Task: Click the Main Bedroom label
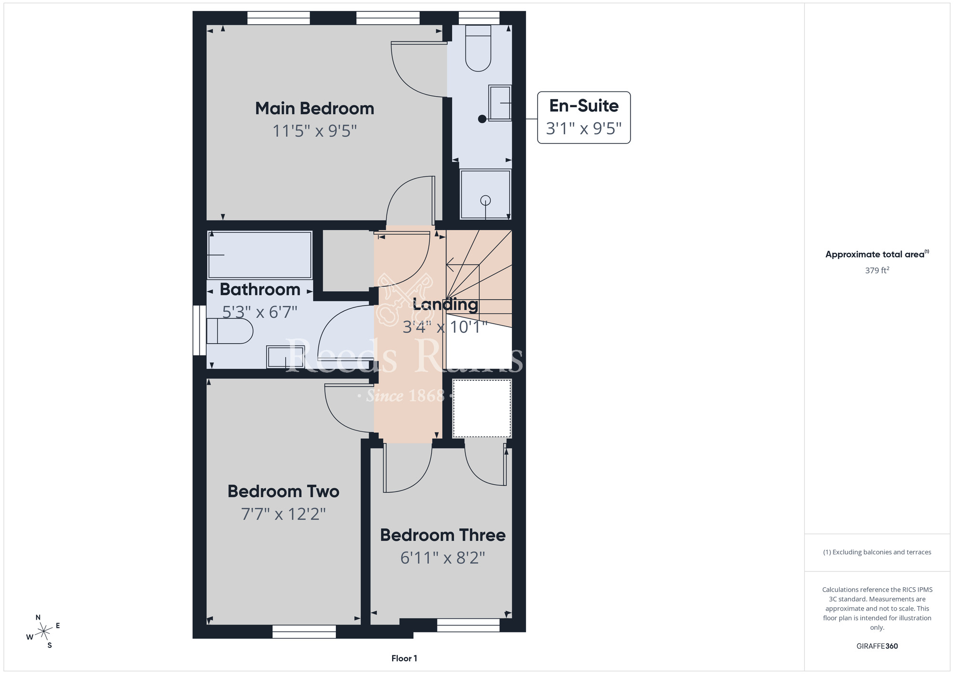[314, 109]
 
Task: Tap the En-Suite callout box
[584, 117]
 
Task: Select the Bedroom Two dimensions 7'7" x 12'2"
[283, 514]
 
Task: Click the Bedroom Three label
[443, 535]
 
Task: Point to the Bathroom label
[260, 289]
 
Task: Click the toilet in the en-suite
[478, 48]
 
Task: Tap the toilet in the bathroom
[229, 331]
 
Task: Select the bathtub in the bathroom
[260, 255]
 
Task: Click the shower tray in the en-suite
[486, 194]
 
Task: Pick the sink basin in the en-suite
[500, 103]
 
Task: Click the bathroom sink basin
[285, 357]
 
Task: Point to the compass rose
[43, 632]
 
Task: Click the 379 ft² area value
[877, 270]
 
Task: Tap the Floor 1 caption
[404, 658]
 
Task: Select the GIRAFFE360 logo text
[877, 646]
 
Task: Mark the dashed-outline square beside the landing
[482, 408]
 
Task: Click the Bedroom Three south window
[468, 625]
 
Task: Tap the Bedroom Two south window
[304, 632]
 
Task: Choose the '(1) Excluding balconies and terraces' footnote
[877, 552]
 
